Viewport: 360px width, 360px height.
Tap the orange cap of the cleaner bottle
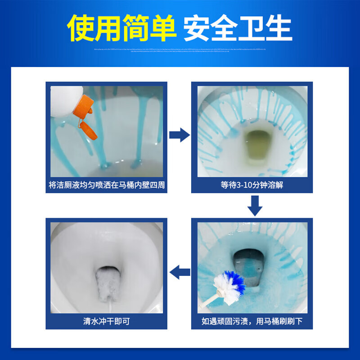tap(83, 104)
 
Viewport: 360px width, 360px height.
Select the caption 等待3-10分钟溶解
tap(252, 184)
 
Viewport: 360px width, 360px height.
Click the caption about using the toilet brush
tap(252, 321)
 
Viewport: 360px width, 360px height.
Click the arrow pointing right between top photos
tap(179, 135)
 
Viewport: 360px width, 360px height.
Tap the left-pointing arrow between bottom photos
tap(179, 271)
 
